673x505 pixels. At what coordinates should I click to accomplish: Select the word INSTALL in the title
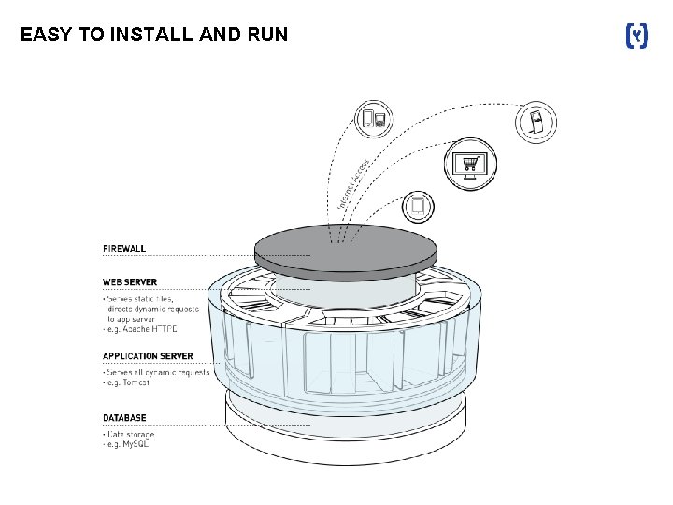[150, 36]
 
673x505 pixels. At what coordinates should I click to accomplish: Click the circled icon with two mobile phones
[374, 119]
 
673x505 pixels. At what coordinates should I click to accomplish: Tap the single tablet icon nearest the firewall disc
[419, 205]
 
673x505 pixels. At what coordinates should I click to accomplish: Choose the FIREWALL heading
[124, 249]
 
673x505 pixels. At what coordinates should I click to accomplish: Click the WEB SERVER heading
[130, 281]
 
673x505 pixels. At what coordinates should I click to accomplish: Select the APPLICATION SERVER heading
[148, 356]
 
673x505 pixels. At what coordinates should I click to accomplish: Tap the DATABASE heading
[124, 418]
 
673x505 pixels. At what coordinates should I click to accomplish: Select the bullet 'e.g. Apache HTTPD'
[140, 329]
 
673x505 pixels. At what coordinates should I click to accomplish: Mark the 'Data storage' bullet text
[130, 435]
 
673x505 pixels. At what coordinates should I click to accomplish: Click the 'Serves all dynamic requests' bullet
[156, 372]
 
